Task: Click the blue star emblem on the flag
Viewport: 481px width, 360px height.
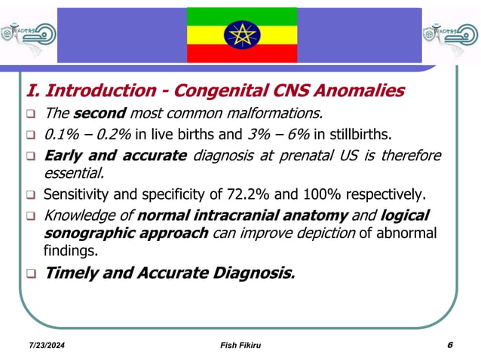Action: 241,35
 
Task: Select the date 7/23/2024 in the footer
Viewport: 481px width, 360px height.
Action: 41,346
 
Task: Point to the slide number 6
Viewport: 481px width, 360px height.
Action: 449,345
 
